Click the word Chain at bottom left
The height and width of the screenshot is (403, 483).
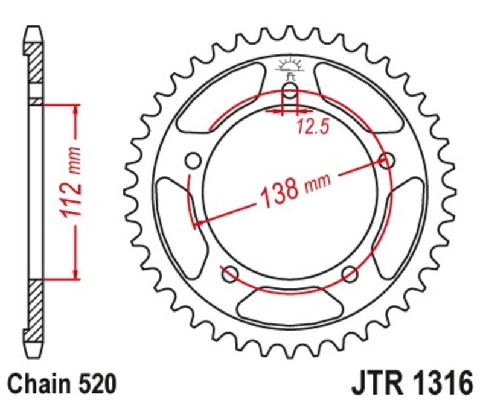pos(36,383)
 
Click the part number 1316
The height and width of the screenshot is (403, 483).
pos(441,383)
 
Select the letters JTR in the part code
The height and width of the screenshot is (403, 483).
pos(379,383)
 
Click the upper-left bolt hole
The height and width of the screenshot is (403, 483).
pos(193,161)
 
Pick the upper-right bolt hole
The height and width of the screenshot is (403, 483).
pos(387,160)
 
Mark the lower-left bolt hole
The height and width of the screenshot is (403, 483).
pos(230,274)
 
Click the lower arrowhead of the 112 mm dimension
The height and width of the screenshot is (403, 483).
pos(76,275)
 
